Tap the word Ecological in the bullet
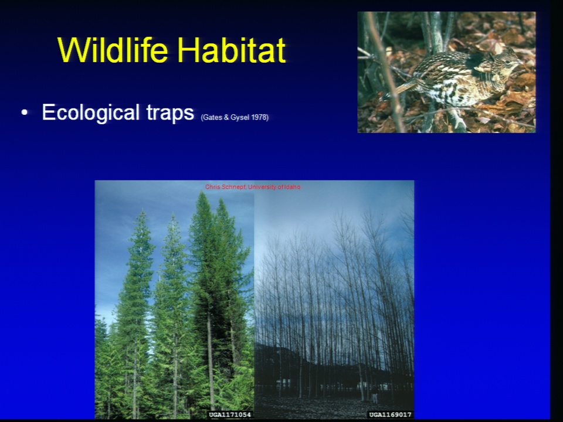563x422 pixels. coord(90,113)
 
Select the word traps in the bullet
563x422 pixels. coord(170,113)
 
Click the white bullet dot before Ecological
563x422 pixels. coord(25,113)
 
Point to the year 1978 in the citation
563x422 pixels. coord(260,117)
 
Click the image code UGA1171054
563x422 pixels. coord(230,415)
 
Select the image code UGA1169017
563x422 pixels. coord(391,415)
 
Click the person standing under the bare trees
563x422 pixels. coord(375,394)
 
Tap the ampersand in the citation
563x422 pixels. coord(226,118)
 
